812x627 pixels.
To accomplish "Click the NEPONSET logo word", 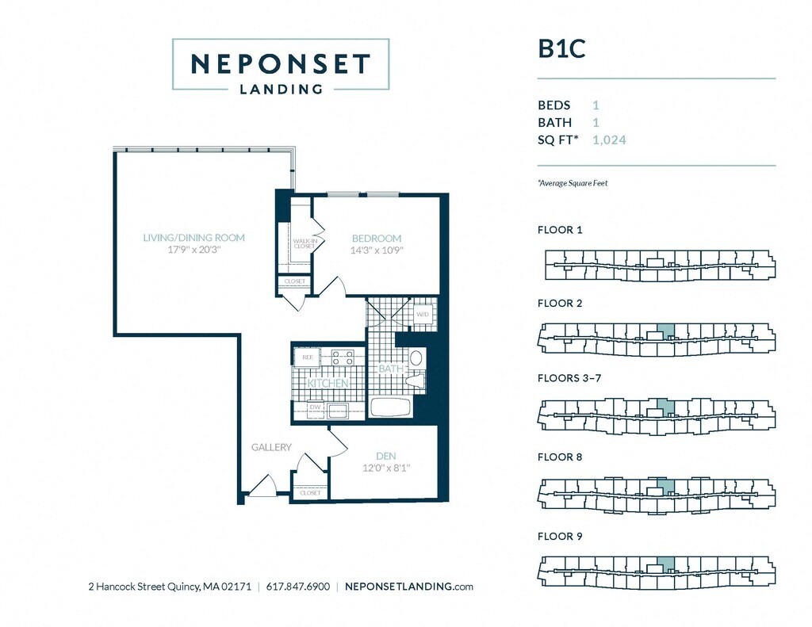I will (x=281, y=64).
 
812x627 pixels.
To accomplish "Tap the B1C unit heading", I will (x=561, y=49).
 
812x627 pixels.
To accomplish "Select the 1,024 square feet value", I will (x=610, y=140).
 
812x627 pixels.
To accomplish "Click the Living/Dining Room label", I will (x=193, y=238).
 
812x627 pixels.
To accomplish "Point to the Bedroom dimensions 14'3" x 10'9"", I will (x=377, y=250).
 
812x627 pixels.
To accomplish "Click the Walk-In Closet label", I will (x=304, y=243).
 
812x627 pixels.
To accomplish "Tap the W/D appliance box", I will (x=423, y=315).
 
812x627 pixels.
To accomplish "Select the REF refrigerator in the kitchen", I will (x=308, y=358).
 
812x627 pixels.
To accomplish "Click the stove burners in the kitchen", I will (x=343, y=358).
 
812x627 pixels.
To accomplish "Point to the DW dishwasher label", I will (x=314, y=407).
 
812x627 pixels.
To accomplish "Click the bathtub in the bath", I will (x=390, y=408).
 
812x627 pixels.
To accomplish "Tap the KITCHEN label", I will (x=327, y=384).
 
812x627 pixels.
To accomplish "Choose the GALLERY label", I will (x=271, y=447).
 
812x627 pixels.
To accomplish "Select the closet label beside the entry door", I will (x=310, y=492).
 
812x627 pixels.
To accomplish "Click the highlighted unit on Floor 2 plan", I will (x=666, y=331).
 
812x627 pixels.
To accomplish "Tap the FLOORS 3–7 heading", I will (x=569, y=378).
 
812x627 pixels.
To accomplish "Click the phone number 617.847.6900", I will (x=298, y=587).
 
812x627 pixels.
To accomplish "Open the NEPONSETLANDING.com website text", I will (x=410, y=587).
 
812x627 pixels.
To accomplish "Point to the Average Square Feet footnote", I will (x=573, y=183).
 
